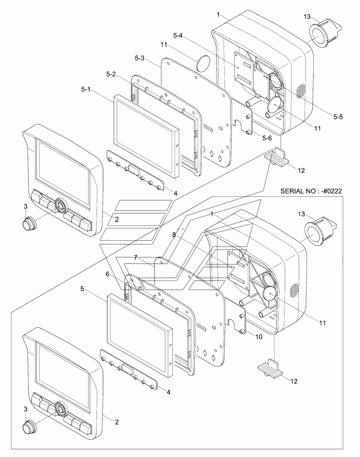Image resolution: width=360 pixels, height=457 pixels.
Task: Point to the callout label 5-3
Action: point(140,59)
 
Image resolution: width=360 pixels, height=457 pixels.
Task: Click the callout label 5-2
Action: point(111,74)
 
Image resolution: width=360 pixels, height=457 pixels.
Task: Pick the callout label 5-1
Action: point(86,89)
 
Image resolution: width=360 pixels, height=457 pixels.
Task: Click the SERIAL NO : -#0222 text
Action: point(311,192)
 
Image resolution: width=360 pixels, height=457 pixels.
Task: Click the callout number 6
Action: point(108,274)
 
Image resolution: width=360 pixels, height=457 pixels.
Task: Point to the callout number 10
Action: point(259,337)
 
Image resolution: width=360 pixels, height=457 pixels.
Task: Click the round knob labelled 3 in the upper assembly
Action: point(29,223)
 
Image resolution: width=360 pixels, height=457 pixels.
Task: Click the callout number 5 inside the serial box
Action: point(82,288)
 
